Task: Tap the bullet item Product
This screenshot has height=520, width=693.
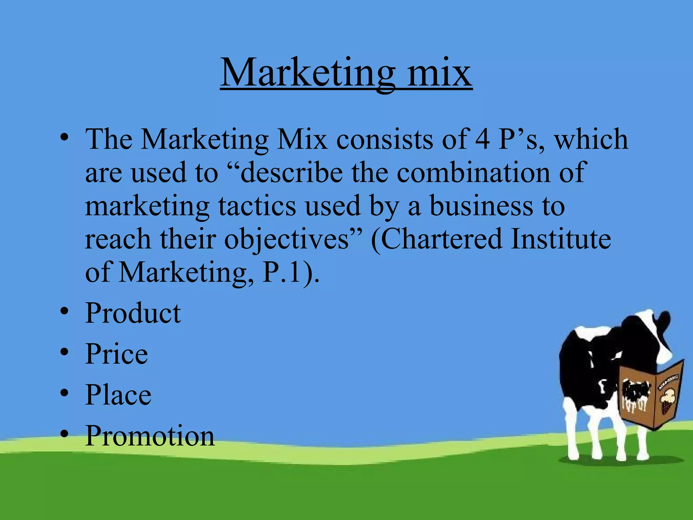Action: click(133, 313)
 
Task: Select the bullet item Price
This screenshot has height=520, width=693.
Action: click(116, 354)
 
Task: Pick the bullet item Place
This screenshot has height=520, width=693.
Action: click(118, 395)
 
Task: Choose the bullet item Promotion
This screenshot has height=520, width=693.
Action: click(150, 436)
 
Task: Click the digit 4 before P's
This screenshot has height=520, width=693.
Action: click(482, 139)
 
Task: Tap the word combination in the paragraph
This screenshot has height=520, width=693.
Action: click(474, 172)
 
